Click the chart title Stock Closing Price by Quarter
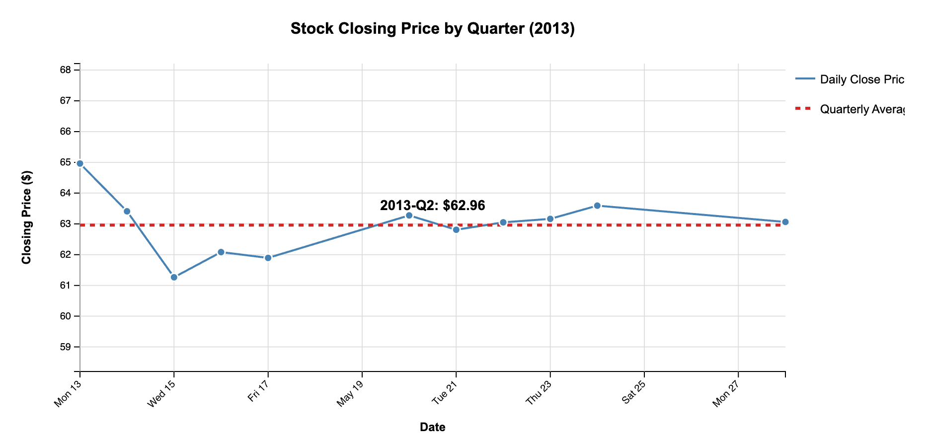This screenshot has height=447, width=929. [x=432, y=29]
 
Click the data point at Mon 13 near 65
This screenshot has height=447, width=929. [x=80, y=163]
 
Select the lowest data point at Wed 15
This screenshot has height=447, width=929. [x=174, y=277]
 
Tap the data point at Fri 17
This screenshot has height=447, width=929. [x=268, y=258]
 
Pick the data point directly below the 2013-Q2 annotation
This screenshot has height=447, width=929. [x=409, y=216]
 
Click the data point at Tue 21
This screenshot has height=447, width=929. [x=456, y=229]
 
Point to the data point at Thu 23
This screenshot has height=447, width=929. [x=550, y=219]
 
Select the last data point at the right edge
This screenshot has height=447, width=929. [x=785, y=222]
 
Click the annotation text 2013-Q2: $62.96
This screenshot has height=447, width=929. [x=432, y=206]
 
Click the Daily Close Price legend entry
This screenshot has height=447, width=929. [x=861, y=79]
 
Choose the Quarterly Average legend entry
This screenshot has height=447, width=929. [x=861, y=109]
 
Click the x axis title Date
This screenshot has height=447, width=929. [x=432, y=427]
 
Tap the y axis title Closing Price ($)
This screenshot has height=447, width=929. [x=27, y=217]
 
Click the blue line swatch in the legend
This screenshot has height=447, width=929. [x=805, y=79]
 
